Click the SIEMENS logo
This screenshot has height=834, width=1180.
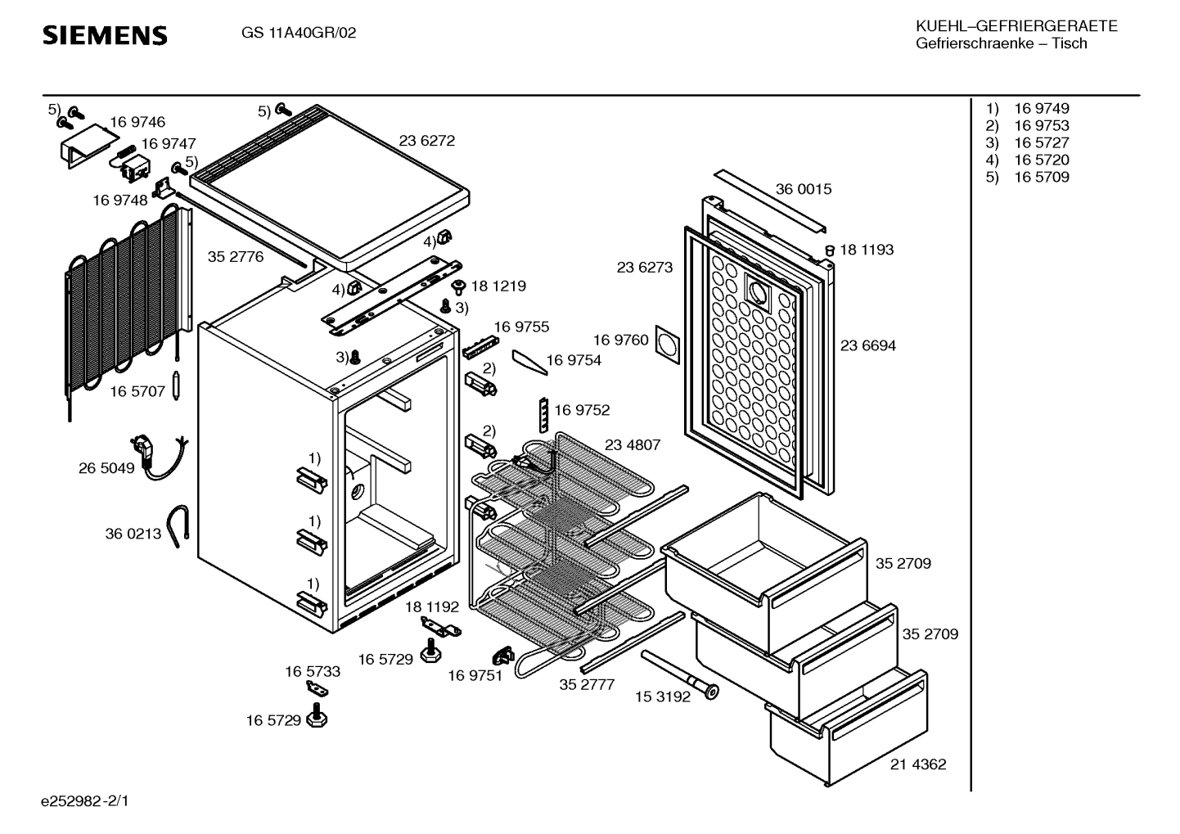click(x=105, y=35)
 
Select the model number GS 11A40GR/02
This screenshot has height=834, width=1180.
click(x=299, y=34)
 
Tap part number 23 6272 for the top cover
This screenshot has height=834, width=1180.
click(x=426, y=141)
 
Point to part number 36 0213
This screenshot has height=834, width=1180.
click(x=133, y=534)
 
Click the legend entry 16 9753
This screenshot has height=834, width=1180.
click(x=1041, y=126)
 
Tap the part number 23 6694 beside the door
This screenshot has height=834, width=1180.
click(x=867, y=346)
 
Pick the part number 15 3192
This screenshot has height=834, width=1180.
click(x=662, y=697)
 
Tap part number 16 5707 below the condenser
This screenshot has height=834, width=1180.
click(x=137, y=392)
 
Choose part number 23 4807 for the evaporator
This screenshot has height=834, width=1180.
click(x=632, y=445)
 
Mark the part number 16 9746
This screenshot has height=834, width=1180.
click(x=137, y=123)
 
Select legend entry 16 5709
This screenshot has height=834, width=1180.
click(x=1041, y=178)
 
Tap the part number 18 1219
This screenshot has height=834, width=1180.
click(x=498, y=286)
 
